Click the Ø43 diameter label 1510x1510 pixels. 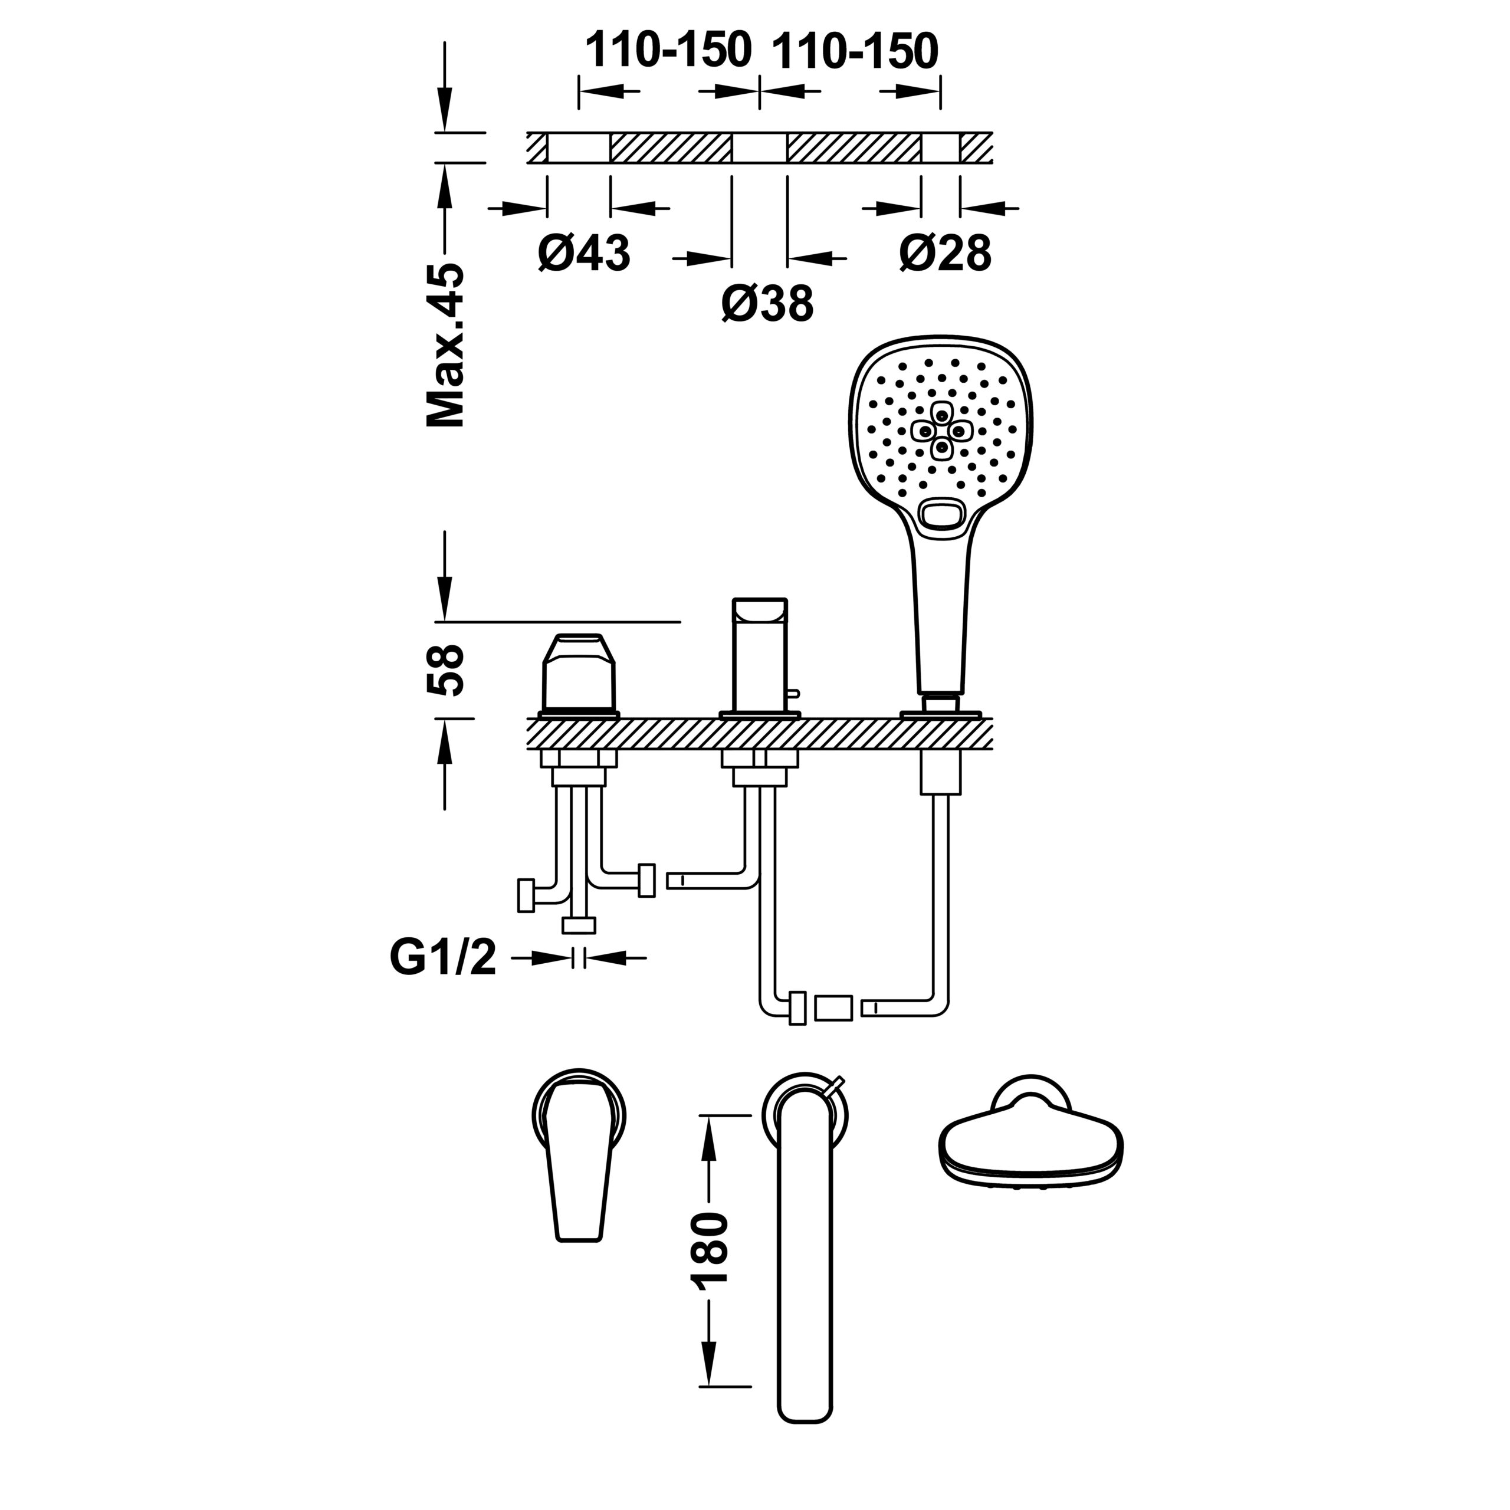coord(584,252)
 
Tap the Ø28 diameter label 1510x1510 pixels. coord(945,252)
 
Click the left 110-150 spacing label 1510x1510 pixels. coord(668,51)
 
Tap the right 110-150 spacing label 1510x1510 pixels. coord(855,51)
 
